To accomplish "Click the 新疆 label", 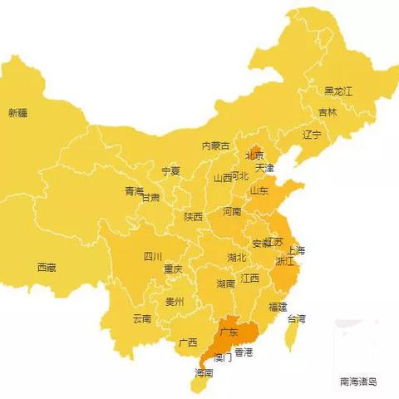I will click(18, 113).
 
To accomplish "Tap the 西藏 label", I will click(47, 268).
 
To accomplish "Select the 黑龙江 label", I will click(338, 91).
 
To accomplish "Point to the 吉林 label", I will click(328, 112).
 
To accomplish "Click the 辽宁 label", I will click(312, 134).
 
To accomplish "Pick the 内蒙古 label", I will click(215, 145).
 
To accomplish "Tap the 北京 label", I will click(254, 155).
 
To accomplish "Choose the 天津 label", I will click(264, 168).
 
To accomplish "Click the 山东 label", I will click(259, 190).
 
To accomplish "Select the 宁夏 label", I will click(170, 170).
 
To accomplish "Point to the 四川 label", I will click(153, 256).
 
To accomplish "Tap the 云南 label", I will click(142, 318).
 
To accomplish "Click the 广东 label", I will click(228, 333).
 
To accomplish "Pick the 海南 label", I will click(204, 373).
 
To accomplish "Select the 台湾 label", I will click(297, 318).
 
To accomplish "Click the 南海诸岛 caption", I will click(358, 382).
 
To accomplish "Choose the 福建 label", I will click(278, 307).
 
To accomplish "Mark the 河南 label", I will click(232, 212).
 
